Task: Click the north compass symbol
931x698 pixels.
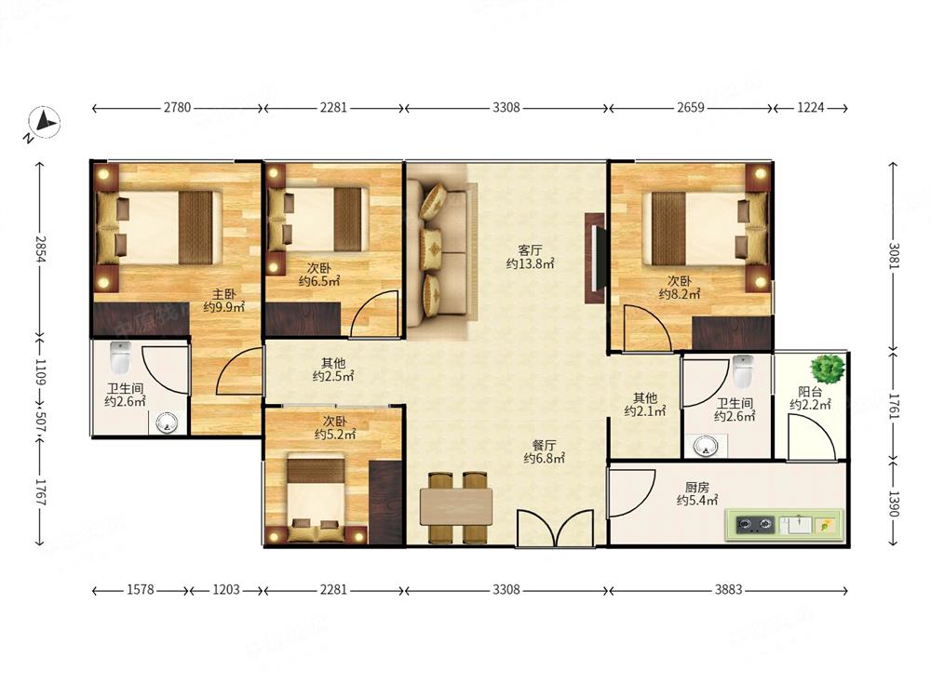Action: tap(43, 124)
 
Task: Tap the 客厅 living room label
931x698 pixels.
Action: tap(530, 249)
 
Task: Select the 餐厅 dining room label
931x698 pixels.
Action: tap(544, 445)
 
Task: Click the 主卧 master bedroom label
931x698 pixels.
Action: tap(224, 294)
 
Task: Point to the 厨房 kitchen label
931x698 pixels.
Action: tap(697, 488)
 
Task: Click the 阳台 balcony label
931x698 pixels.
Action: tap(810, 392)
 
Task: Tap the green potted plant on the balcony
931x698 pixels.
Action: tap(828, 369)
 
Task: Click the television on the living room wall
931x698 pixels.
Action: tap(596, 258)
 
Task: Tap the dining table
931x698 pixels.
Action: tap(456, 507)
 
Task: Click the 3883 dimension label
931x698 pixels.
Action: tap(728, 589)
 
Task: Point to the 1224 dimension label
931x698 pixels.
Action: tap(811, 107)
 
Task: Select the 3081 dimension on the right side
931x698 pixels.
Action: tap(894, 255)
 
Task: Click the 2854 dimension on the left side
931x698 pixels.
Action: tap(40, 249)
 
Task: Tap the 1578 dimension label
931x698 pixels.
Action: tap(141, 589)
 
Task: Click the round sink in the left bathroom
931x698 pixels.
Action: tap(167, 423)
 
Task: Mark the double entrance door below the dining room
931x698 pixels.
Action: tap(555, 528)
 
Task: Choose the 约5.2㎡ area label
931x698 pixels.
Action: tap(335, 435)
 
